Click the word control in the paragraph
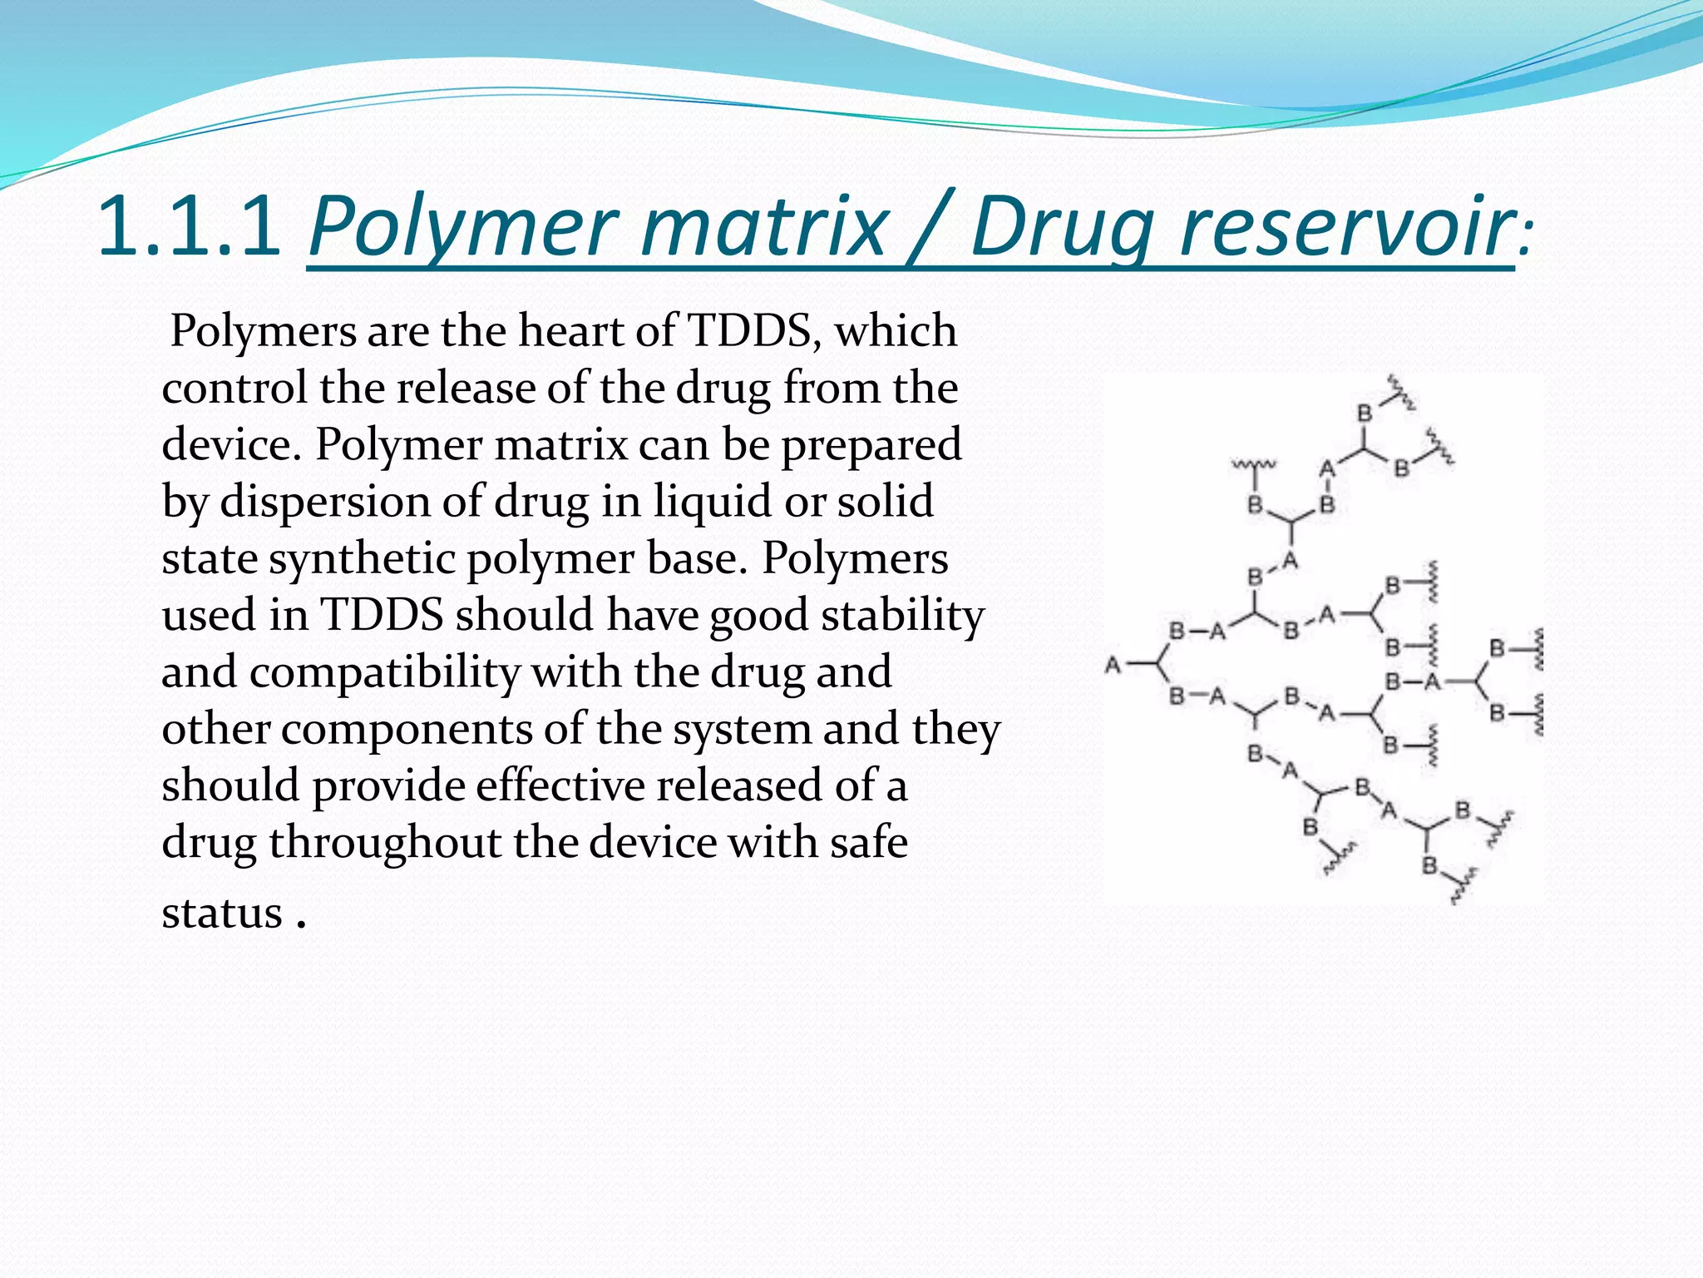point(234,388)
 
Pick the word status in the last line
point(222,914)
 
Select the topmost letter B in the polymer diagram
point(1365,413)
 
